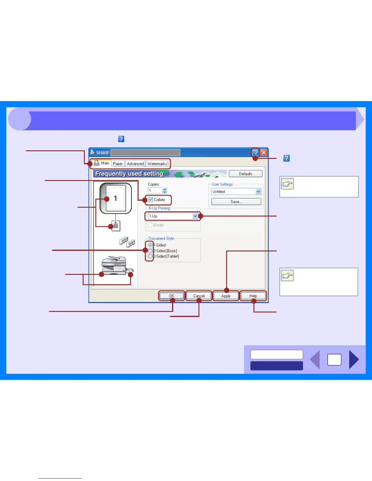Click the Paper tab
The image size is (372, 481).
[x=118, y=164]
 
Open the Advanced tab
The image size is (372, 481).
[x=135, y=164]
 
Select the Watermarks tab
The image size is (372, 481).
[x=157, y=164]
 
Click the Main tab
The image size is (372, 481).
[x=102, y=163]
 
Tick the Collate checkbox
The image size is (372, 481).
[x=151, y=200]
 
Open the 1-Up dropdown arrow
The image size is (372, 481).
[x=195, y=216]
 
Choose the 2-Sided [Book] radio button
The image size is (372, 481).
[x=150, y=251]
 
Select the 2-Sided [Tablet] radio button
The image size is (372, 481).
[x=150, y=256]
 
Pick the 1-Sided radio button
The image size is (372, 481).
[x=150, y=245]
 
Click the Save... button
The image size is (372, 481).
[x=236, y=202]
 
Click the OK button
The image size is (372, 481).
[x=172, y=296]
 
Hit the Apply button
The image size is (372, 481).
[x=226, y=296]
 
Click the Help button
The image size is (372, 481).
[x=253, y=296]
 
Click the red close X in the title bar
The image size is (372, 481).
[x=264, y=152]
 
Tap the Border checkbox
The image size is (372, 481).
[x=150, y=225]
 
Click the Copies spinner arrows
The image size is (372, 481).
[x=165, y=191]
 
